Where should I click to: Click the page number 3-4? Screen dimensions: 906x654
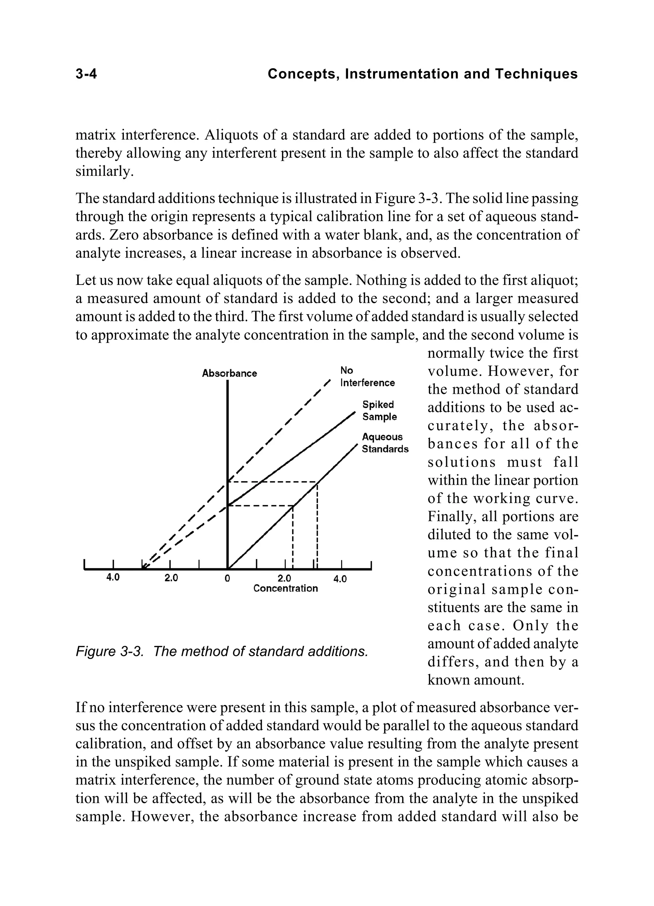coord(86,74)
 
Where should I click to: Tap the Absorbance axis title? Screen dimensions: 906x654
coord(229,374)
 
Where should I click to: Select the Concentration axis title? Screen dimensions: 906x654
coord(285,588)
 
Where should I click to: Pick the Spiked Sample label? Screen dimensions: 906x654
coord(379,411)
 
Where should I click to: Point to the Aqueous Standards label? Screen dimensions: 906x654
coord(385,443)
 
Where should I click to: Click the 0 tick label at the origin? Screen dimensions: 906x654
coord(227,578)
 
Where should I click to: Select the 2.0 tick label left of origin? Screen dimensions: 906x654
coord(171,578)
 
